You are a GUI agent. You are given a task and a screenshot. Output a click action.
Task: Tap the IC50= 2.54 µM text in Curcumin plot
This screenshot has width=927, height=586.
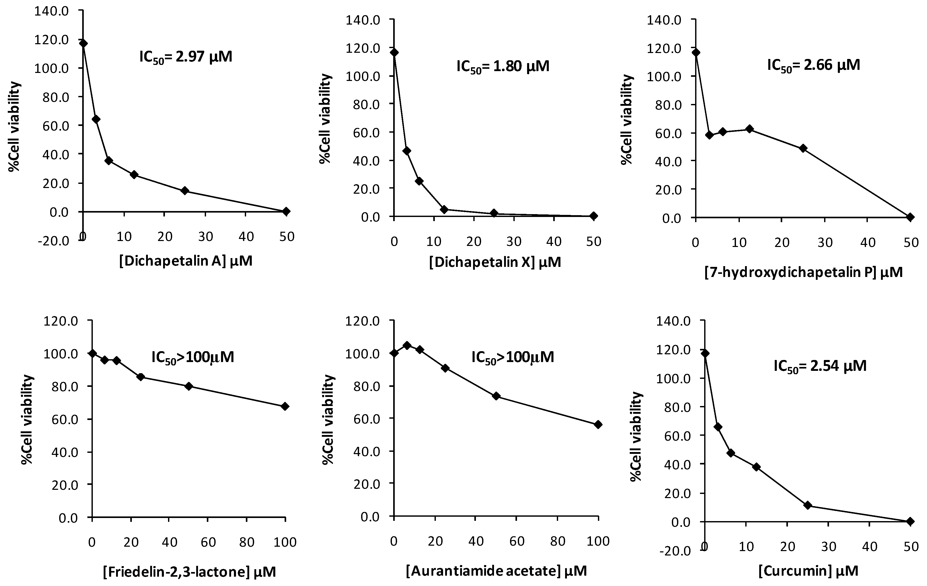pos(820,366)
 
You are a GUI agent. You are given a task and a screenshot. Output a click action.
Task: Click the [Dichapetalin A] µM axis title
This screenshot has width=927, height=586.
pos(186,261)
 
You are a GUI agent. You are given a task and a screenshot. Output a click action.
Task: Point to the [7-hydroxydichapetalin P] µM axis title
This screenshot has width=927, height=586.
pos(803,273)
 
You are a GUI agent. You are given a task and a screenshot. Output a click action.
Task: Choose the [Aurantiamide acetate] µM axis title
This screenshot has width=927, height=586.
pos(496,570)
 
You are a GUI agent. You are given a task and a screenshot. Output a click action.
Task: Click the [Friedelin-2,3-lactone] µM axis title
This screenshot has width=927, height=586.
pos(189,572)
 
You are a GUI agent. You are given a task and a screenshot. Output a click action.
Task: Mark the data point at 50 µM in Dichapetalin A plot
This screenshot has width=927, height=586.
pos(286,211)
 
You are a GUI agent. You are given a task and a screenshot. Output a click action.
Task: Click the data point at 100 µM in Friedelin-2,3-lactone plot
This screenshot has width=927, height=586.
pos(285,407)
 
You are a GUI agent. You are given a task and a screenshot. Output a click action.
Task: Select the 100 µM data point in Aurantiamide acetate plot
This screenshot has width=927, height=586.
pos(598,425)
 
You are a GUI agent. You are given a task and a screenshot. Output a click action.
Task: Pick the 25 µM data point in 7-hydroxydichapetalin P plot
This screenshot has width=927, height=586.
pos(803,148)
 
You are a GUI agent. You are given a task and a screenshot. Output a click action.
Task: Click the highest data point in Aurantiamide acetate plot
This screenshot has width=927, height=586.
pos(407,345)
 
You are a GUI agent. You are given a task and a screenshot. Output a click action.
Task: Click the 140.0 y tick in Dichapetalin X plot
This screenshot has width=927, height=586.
pos(363,20)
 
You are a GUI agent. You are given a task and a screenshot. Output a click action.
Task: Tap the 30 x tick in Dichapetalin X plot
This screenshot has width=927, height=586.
pos(514,242)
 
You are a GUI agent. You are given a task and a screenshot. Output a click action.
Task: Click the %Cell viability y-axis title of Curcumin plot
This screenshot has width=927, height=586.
pos(637,437)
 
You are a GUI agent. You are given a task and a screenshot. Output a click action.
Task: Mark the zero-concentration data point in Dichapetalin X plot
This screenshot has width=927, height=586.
pos(394,52)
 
